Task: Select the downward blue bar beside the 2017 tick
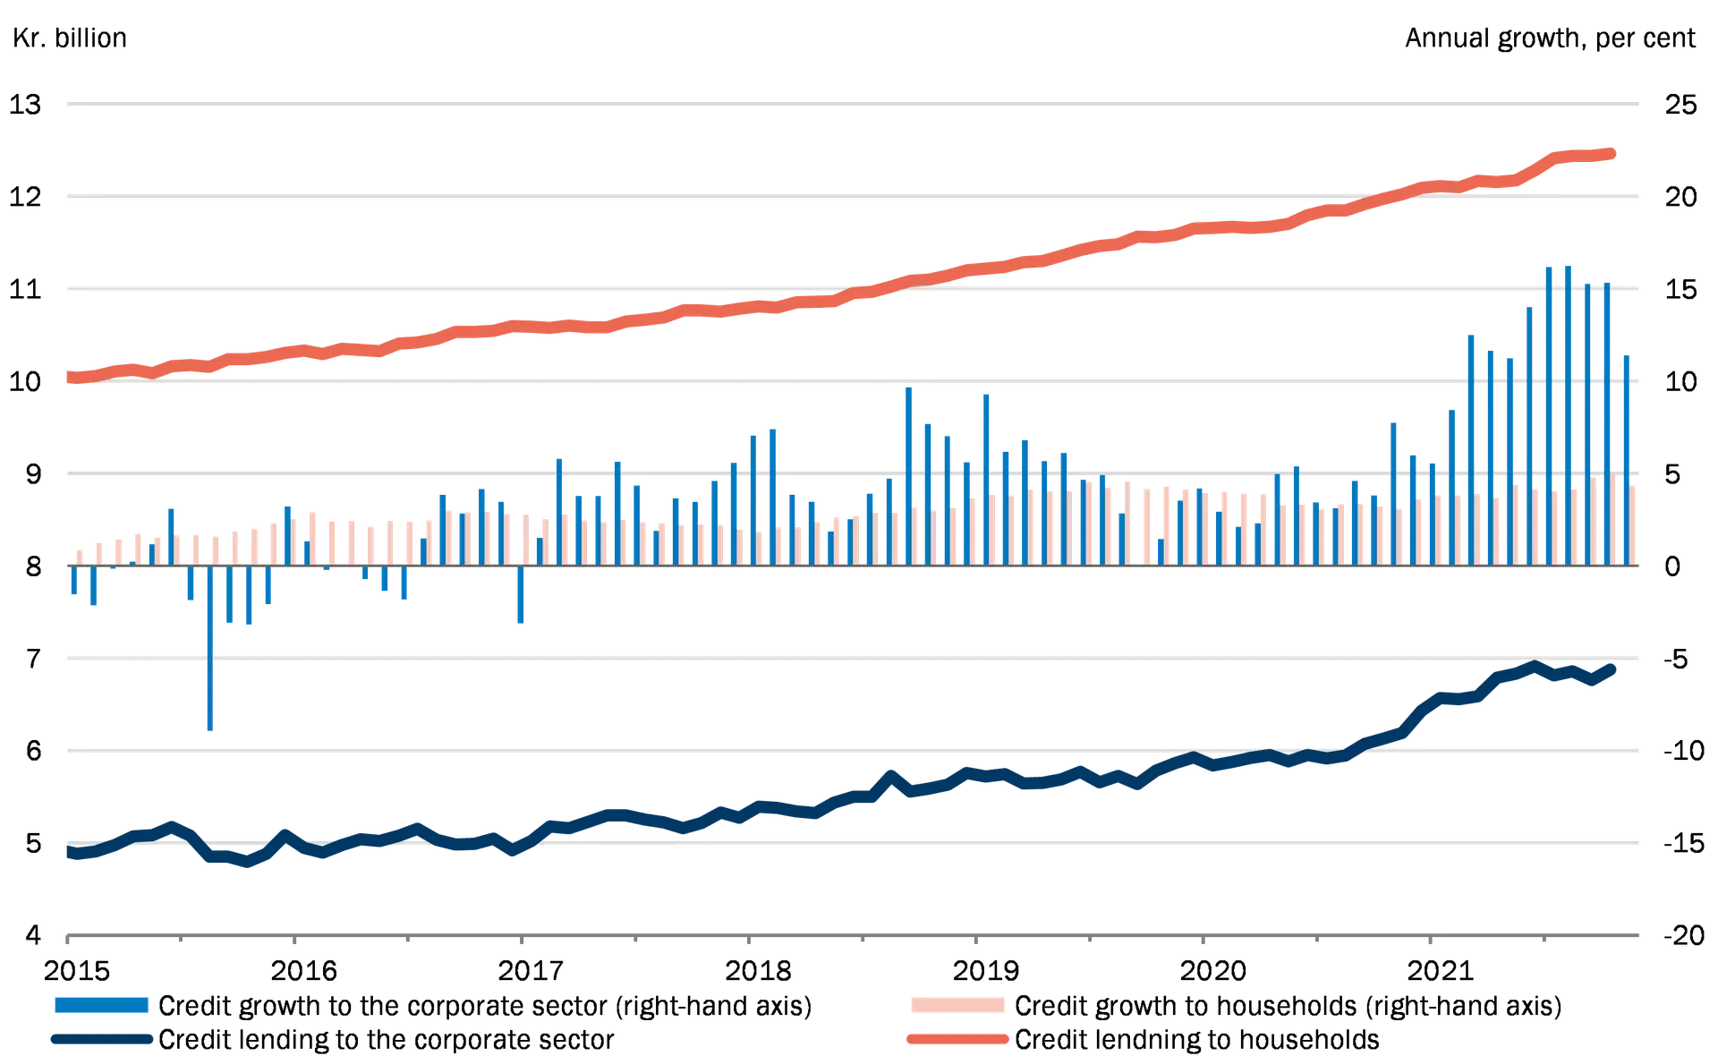tap(522, 595)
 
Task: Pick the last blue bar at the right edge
tap(1627, 456)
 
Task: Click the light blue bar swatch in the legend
tap(100, 1006)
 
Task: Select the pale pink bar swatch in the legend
tap(958, 1006)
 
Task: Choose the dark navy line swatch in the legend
tap(100, 1040)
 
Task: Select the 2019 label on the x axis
tap(986, 970)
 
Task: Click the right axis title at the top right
tap(1548, 40)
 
